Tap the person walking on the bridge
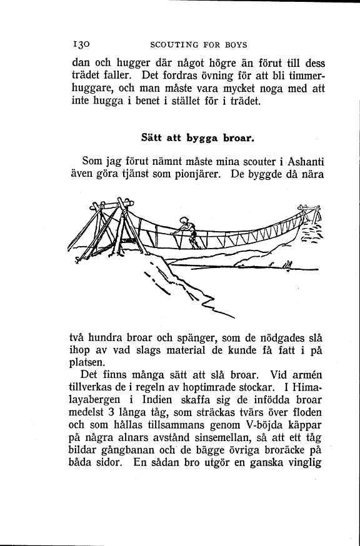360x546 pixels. point(187,232)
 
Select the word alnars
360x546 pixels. point(134,451)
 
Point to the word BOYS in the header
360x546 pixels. point(234,45)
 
